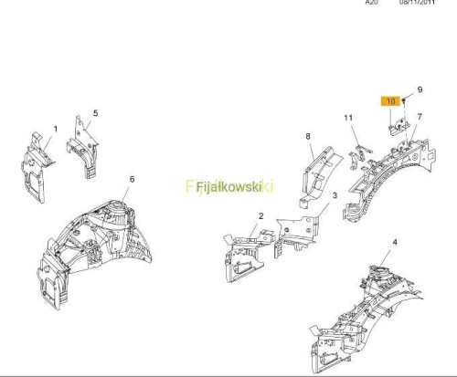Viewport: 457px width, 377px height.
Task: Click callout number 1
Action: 56,129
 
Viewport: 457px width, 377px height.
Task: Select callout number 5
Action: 96,113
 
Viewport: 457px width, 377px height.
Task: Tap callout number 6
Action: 132,179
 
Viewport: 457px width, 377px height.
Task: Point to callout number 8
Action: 308,136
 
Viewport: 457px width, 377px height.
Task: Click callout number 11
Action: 348,118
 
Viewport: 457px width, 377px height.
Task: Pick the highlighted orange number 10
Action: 390,101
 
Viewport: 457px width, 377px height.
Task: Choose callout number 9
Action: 420,89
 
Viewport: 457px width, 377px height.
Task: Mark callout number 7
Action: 420,117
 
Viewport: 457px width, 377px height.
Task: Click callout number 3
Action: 335,195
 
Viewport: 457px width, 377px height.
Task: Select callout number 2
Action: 260,215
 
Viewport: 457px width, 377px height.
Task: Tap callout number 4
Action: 395,242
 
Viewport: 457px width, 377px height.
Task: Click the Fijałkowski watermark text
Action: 229,186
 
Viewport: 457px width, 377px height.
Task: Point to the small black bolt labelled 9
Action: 403,100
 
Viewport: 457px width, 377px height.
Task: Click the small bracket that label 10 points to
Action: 399,126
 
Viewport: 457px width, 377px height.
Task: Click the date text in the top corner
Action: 417,2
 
